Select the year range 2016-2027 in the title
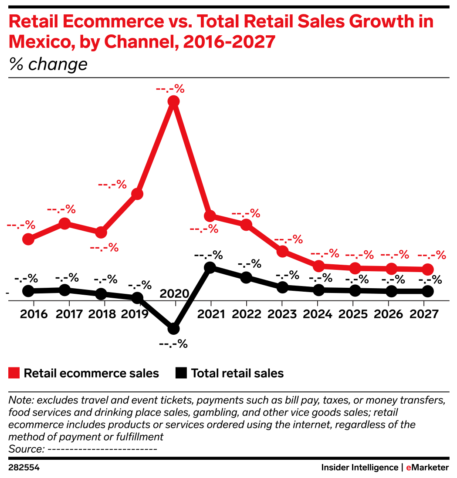tap(229, 42)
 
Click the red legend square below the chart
tap(14, 373)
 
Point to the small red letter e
tap(409, 468)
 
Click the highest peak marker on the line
tap(173, 101)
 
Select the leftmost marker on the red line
tap(28, 239)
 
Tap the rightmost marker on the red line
tap(428, 270)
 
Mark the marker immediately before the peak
tap(137, 194)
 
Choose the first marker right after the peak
tap(210, 215)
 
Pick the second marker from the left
tap(64, 224)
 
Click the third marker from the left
tap(101, 232)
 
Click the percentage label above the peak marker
tap(170, 90)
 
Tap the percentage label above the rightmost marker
tap(432, 256)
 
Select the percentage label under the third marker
tap(104, 248)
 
